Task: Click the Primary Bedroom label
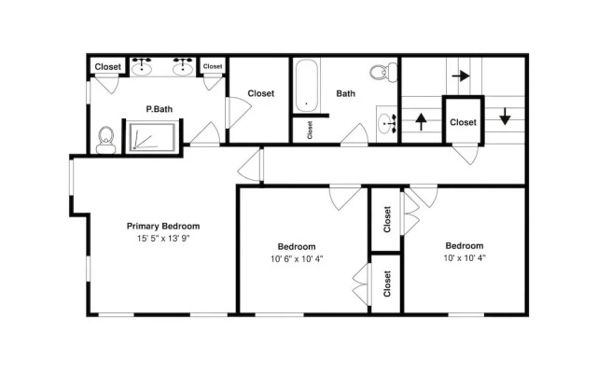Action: click(163, 226)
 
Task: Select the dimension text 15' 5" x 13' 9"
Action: click(163, 239)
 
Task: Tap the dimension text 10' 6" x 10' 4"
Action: click(297, 259)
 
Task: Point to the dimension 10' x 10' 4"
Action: click(465, 258)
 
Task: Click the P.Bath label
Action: click(160, 109)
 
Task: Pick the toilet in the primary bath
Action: click(105, 140)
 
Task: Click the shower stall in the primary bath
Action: click(152, 137)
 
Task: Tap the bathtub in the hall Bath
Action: click(307, 86)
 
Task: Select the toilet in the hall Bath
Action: click(383, 72)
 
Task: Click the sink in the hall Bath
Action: click(387, 124)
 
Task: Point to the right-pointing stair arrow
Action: click(461, 76)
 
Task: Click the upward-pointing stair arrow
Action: click(421, 121)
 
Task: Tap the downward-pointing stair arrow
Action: click(505, 117)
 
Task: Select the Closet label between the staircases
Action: click(463, 122)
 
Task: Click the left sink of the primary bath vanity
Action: click(142, 67)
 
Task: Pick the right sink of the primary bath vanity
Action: click(183, 67)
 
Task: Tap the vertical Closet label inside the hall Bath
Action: click(310, 130)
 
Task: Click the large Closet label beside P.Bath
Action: click(261, 93)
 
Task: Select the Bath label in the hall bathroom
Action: click(346, 93)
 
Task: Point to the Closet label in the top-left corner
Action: click(108, 66)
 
